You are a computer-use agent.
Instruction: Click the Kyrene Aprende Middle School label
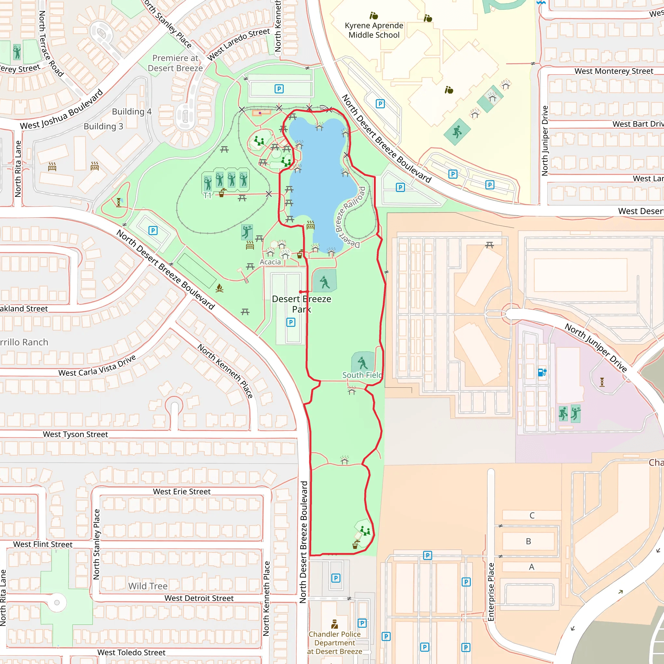click(374, 30)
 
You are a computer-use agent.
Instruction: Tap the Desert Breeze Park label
click(302, 304)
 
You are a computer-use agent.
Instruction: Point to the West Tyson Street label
click(75, 434)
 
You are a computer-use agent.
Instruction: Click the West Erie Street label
click(182, 492)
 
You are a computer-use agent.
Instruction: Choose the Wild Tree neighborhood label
click(148, 586)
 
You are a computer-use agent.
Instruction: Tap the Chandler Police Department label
click(334, 643)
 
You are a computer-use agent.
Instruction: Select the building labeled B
click(528, 541)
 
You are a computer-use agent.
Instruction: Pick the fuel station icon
click(542, 372)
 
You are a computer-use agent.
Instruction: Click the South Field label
click(362, 375)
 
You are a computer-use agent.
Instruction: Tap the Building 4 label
click(132, 112)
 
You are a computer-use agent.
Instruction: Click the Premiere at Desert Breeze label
click(175, 63)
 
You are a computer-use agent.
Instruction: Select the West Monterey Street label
click(614, 71)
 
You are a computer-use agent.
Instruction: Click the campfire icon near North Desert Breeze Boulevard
click(219, 288)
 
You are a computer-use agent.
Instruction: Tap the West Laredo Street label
click(239, 44)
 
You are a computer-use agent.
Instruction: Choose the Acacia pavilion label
click(270, 262)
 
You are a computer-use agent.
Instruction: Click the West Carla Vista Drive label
click(97, 366)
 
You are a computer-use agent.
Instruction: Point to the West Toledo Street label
click(131, 652)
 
